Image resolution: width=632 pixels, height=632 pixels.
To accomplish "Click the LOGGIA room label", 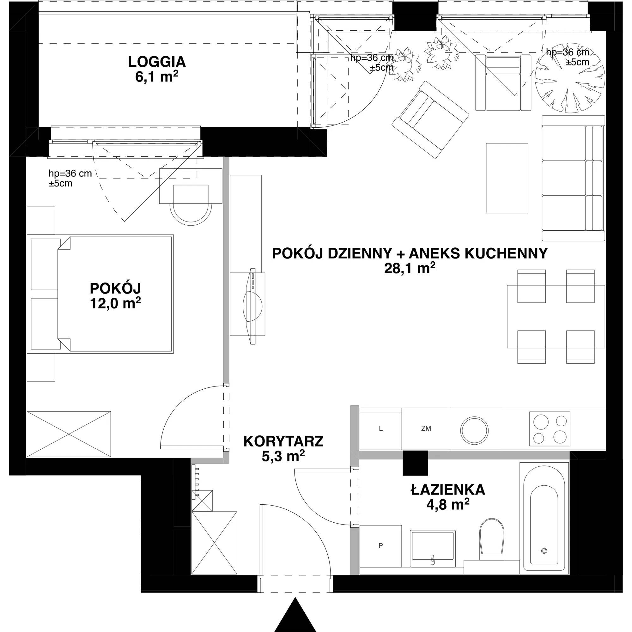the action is (x=157, y=62).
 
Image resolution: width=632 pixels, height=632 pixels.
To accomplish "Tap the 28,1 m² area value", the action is (x=410, y=268).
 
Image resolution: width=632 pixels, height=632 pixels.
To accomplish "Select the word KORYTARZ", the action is (x=283, y=441).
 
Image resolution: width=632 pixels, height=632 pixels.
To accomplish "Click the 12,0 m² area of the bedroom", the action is (x=115, y=303).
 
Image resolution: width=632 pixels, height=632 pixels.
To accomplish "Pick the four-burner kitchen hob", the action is (x=550, y=429).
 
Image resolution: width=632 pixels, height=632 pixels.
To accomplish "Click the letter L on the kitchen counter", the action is (x=381, y=428).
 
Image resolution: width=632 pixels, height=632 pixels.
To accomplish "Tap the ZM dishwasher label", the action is (x=426, y=428).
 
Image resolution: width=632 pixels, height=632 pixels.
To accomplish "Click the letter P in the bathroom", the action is (x=380, y=546).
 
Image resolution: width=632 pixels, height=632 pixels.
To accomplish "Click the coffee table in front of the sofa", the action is (x=507, y=178).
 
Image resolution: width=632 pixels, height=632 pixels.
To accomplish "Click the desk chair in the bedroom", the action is (x=191, y=202).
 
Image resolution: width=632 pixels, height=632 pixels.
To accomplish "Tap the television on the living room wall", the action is (x=252, y=306).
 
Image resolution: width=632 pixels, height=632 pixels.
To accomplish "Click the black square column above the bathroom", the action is (x=415, y=463).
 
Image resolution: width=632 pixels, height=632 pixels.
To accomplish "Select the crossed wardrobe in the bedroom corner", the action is (x=68, y=434).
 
